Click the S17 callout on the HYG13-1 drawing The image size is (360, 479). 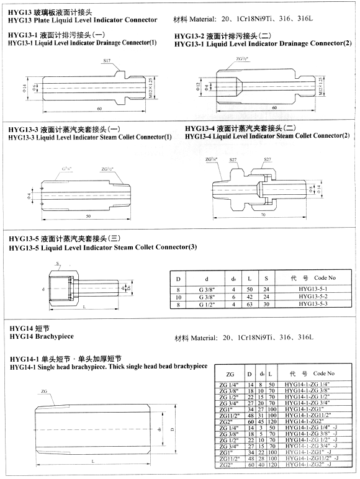(106, 61)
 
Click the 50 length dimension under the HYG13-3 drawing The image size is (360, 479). (89, 214)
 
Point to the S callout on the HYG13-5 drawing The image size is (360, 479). (58, 264)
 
